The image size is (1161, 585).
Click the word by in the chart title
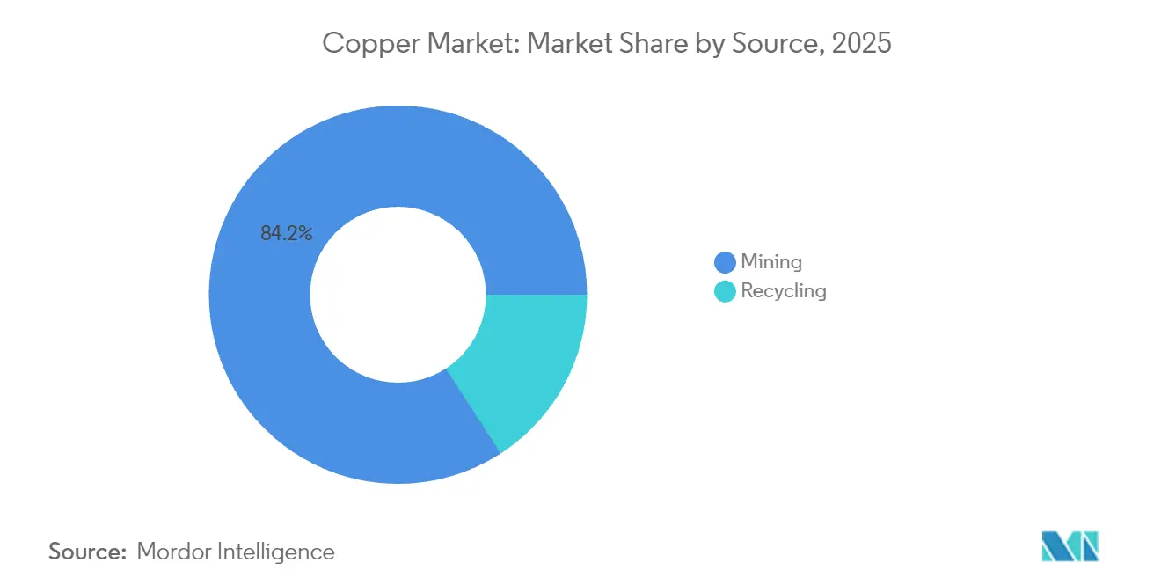(x=711, y=42)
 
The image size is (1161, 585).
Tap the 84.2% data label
(x=286, y=233)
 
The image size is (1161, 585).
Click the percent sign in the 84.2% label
(x=304, y=233)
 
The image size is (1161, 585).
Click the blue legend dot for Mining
(x=725, y=262)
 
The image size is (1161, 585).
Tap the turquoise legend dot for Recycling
(x=725, y=291)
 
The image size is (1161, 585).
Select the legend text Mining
(x=771, y=262)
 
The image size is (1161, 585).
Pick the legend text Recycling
(x=784, y=291)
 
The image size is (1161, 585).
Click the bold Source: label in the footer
(x=88, y=552)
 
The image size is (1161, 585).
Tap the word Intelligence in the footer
(x=281, y=552)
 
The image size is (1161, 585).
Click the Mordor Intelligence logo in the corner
(x=1070, y=546)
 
